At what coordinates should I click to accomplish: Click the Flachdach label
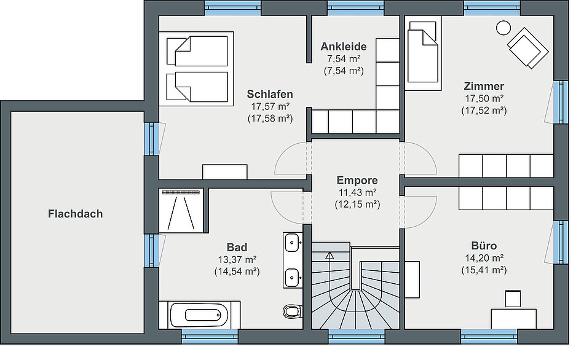[x=75, y=214]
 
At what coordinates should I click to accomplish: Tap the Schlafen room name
[x=270, y=94]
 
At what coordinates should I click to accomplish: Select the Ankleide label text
[x=344, y=47]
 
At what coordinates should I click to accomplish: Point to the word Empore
[x=357, y=180]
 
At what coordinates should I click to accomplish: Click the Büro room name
[x=484, y=246]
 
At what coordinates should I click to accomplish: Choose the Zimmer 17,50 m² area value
[x=484, y=98]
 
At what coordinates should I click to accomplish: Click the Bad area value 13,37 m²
[x=237, y=259]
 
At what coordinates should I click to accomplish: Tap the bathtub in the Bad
[x=199, y=315]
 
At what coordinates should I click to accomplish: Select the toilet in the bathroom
[x=293, y=311]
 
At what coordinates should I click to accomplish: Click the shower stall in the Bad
[x=181, y=211]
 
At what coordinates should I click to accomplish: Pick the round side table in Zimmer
[x=503, y=28]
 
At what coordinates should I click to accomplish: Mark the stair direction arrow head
[x=329, y=256]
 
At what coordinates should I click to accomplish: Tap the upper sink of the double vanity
[x=293, y=243]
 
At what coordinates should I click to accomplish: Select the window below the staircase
[x=357, y=337]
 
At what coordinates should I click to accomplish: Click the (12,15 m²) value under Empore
[x=357, y=204]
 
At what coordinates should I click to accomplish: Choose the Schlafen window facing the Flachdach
[x=152, y=138]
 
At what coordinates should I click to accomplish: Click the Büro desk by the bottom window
[x=513, y=319]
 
